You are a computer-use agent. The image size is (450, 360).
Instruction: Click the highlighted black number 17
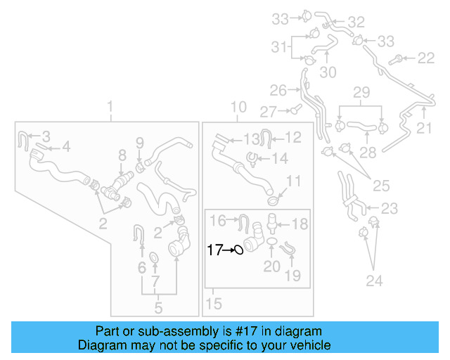click(214, 249)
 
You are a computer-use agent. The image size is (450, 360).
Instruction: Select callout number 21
click(424, 128)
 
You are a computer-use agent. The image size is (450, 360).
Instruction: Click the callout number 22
click(426, 58)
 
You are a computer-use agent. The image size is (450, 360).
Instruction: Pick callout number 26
click(278, 90)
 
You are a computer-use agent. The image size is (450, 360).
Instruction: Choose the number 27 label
click(269, 111)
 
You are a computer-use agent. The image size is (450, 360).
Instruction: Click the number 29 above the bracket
click(361, 92)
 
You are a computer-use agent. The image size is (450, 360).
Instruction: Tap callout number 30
click(328, 72)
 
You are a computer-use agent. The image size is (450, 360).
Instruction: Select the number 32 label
click(356, 22)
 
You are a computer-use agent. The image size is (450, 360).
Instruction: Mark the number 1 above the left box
click(110, 108)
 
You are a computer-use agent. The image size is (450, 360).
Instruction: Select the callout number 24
click(374, 281)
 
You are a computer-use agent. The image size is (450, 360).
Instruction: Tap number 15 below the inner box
click(214, 304)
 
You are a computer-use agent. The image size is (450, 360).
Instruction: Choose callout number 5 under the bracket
click(158, 307)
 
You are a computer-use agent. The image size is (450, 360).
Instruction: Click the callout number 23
click(389, 208)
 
